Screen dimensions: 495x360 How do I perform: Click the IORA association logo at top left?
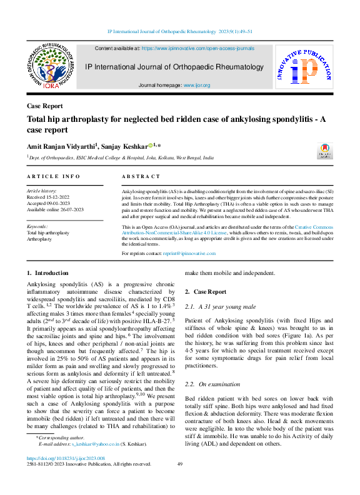52,66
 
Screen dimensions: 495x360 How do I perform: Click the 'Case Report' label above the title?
45,106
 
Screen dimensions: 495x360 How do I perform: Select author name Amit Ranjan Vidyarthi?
61,144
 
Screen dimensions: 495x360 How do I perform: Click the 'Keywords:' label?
37,226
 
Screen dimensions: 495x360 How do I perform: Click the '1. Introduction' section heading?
48,273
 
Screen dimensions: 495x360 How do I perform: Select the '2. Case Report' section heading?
206,292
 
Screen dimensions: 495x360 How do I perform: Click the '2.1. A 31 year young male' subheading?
221,307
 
